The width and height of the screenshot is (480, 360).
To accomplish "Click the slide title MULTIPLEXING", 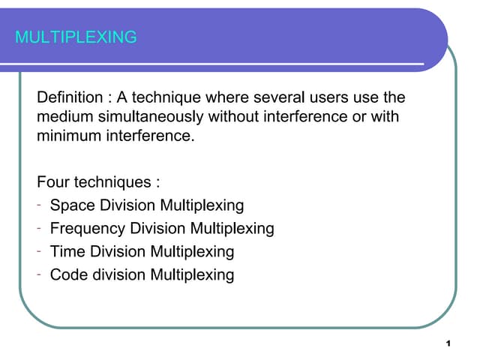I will (76, 37).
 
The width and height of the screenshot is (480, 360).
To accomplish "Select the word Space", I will (70, 205).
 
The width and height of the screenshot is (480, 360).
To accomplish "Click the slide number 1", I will (447, 343).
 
